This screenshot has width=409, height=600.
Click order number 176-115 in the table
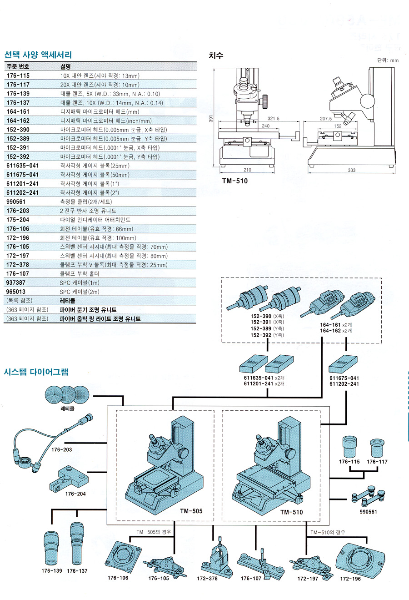click(18, 76)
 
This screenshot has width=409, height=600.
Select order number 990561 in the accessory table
click(16, 202)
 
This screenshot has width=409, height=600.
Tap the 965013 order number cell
click(16, 292)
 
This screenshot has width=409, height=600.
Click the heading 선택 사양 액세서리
click(38, 55)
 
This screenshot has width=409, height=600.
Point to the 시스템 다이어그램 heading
click(36, 372)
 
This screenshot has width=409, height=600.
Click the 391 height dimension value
click(211, 118)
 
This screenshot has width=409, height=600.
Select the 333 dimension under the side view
click(351, 170)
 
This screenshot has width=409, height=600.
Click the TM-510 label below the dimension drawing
click(235, 181)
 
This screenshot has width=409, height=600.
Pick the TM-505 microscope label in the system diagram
click(191, 511)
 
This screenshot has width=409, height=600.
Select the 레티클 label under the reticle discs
click(67, 409)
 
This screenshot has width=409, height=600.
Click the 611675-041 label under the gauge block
click(344, 378)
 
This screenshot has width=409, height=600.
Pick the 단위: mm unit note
click(387, 60)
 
